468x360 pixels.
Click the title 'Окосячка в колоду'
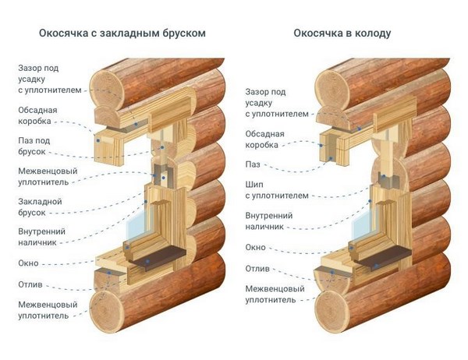click(x=342, y=34)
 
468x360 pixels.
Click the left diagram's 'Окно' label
click(x=29, y=263)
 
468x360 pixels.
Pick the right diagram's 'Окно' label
click(x=255, y=247)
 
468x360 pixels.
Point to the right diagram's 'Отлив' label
click(x=257, y=269)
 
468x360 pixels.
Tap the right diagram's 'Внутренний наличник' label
click(x=268, y=221)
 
